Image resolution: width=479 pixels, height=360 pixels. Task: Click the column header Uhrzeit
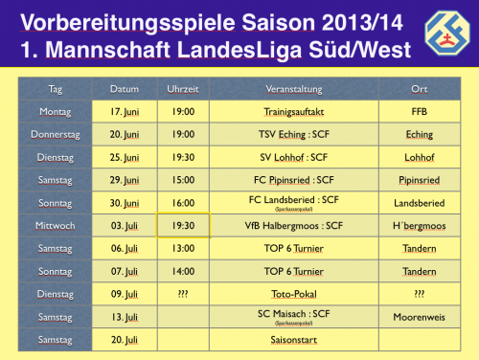(182, 89)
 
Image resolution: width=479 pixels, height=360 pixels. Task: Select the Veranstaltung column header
(294, 89)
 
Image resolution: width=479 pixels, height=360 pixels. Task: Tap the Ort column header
(419, 89)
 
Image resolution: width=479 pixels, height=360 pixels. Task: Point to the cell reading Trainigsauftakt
(294, 112)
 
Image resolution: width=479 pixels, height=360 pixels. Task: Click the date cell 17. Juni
(125, 112)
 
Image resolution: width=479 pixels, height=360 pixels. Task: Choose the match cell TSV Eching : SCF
(294, 134)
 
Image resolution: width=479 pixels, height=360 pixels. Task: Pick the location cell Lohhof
(419, 157)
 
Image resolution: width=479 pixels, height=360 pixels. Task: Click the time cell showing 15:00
(182, 179)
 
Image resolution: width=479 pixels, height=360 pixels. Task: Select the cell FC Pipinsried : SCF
(294, 179)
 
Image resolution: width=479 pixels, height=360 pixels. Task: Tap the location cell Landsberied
(419, 202)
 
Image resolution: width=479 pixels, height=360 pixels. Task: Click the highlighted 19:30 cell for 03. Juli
(182, 225)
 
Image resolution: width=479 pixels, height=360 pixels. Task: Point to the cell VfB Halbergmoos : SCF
(294, 225)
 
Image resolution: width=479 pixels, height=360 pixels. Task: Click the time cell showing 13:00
(182, 248)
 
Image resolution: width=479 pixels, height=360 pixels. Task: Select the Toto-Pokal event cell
(294, 293)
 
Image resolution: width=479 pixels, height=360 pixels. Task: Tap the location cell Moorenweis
(419, 316)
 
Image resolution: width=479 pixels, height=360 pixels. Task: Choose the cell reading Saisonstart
(294, 339)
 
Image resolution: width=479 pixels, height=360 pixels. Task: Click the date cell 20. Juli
(125, 339)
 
